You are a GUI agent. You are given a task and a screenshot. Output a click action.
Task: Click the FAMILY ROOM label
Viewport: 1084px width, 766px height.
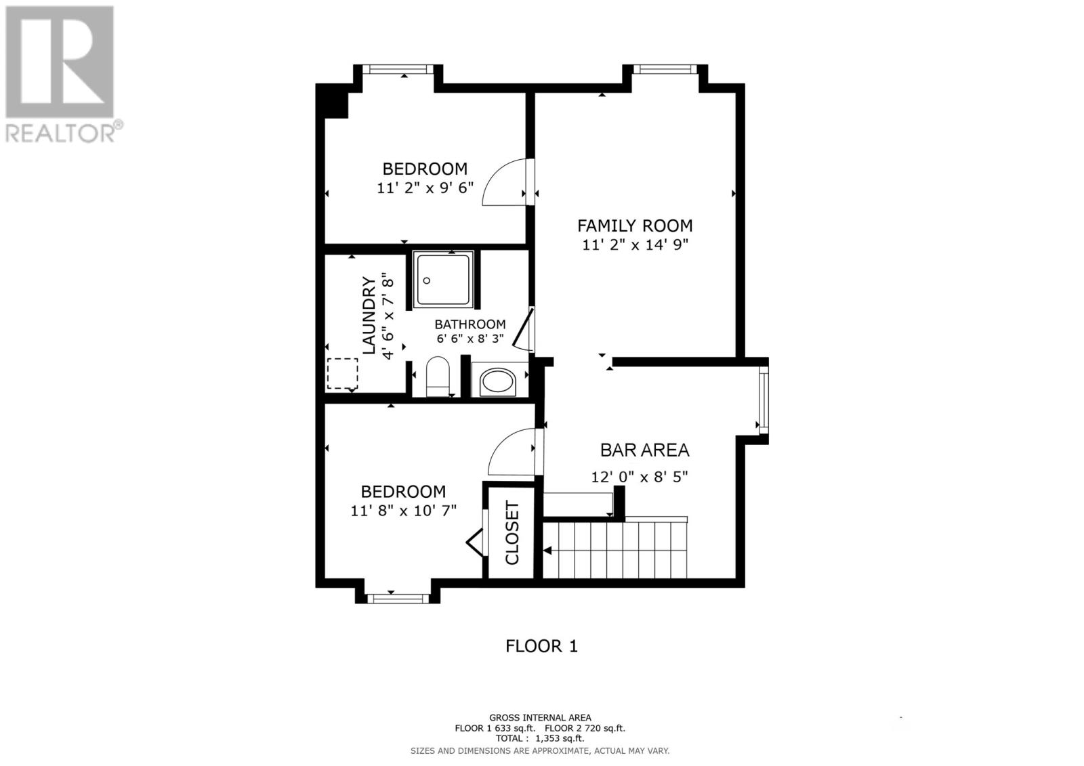pyautogui.click(x=635, y=226)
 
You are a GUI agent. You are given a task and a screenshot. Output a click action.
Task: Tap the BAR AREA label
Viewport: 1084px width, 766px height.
pyautogui.click(x=644, y=450)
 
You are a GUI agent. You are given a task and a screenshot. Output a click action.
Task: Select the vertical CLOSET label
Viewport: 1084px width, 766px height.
pyautogui.click(x=512, y=533)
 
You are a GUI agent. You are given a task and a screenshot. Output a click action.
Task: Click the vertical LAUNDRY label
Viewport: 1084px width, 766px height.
pyautogui.click(x=369, y=315)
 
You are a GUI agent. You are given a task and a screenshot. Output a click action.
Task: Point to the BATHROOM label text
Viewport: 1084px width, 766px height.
pyautogui.click(x=470, y=324)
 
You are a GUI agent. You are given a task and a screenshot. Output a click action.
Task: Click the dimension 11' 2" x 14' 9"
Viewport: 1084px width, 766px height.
pyautogui.click(x=635, y=245)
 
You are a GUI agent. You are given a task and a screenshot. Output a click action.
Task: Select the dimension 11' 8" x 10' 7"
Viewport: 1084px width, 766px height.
pyautogui.click(x=403, y=511)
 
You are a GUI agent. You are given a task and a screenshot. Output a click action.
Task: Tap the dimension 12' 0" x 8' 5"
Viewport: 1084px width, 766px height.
pyautogui.click(x=639, y=477)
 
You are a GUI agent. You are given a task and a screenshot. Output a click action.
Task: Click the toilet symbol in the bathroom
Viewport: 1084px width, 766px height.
pyautogui.click(x=438, y=377)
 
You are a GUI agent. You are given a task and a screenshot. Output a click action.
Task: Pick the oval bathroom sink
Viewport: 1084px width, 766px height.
pyautogui.click(x=498, y=383)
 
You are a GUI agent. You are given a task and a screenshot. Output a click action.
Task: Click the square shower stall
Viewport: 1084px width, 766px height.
pyautogui.click(x=443, y=280)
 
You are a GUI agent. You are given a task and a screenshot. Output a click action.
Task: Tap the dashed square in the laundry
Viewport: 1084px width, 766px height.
pyautogui.click(x=342, y=373)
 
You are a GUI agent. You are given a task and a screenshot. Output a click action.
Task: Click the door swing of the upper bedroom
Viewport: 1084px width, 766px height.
pyautogui.click(x=504, y=182)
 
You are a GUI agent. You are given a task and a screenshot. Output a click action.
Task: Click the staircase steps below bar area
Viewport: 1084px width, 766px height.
pyautogui.click(x=615, y=550)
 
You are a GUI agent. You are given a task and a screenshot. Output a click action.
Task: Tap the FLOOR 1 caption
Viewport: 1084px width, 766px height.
pyautogui.click(x=541, y=646)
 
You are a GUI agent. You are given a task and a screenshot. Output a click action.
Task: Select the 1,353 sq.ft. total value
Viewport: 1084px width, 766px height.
pyautogui.click(x=560, y=739)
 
